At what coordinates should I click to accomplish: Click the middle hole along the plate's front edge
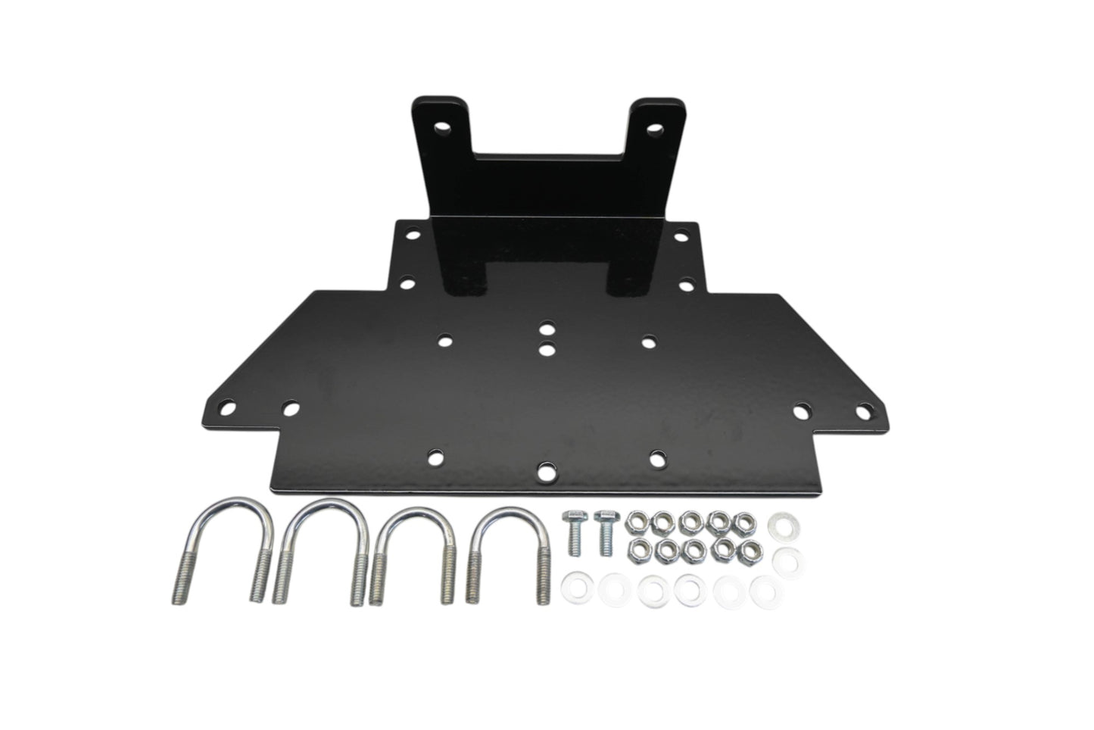(545, 471)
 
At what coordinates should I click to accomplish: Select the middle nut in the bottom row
(693, 547)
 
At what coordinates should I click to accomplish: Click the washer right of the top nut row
(779, 524)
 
